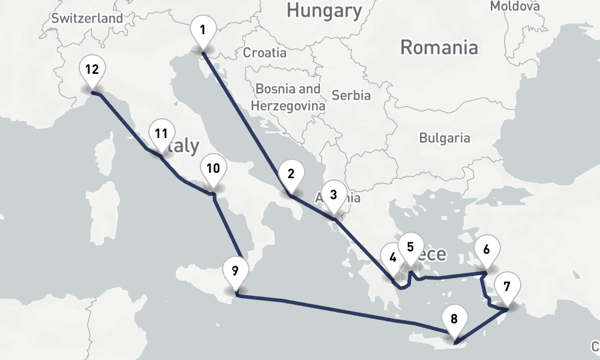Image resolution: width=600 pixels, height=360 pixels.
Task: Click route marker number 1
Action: (203, 30)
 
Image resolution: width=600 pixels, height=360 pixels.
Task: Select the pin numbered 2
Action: (291, 175)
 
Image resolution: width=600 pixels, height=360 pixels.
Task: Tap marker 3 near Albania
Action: (334, 195)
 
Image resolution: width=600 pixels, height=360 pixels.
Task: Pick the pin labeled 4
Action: (393, 258)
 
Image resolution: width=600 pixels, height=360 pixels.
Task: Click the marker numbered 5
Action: (410, 247)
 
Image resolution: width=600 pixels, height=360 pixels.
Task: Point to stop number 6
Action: (487, 249)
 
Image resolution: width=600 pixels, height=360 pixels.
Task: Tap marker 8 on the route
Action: (454, 319)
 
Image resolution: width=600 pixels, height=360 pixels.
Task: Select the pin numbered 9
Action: (235, 271)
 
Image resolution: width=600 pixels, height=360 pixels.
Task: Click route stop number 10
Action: (213, 169)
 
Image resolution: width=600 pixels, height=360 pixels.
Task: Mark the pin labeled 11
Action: (161, 134)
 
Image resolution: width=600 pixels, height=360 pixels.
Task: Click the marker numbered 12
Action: (92, 70)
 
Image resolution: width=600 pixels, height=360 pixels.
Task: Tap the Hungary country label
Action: (324, 10)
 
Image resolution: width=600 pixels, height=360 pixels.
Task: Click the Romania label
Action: (439, 47)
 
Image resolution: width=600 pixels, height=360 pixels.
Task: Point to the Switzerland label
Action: (86, 18)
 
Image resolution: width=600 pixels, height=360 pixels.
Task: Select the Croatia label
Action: (265, 53)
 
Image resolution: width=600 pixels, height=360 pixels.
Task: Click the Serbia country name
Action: (351, 95)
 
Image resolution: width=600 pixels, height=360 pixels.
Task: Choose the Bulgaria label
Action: (445, 137)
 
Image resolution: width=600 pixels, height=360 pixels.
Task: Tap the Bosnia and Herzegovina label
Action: (288, 97)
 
